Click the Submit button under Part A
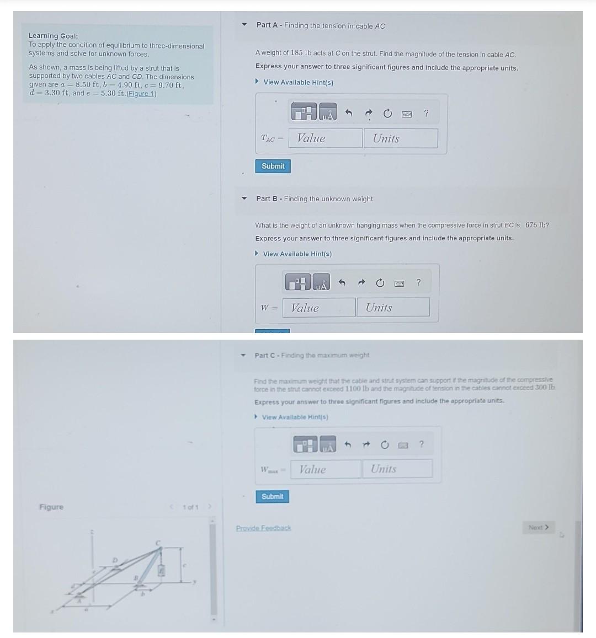coord(273,166)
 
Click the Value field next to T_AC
coord(326,138)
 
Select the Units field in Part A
coord(401,138)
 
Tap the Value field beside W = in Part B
coord(319,308)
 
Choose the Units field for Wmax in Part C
coord(397,469)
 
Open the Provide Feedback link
coord(263,528)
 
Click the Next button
coord(538,528)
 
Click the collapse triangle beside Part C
coord(243,356)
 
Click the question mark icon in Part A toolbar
coord(426,114)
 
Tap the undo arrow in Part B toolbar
coord(342,283)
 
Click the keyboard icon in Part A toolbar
coord(407,114)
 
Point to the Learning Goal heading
coord(53,36)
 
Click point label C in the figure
coord(158,543)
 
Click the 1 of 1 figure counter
coord(190,507)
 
